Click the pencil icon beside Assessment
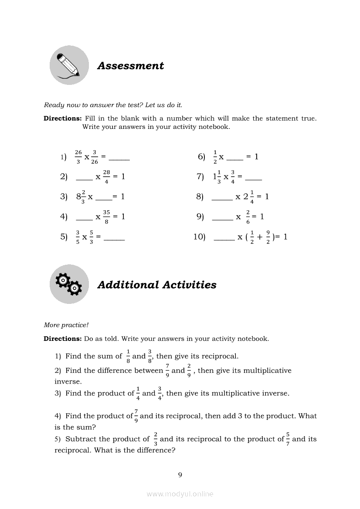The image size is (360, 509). [69, 65]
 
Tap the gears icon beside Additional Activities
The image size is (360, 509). [69, 284]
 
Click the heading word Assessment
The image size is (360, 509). [130, 66]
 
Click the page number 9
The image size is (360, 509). [180, 475]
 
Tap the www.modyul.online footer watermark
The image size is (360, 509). [180, 494]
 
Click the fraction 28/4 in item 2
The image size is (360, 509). [106, 177]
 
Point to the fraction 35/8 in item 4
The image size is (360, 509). [106, 216]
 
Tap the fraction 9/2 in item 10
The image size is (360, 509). [268, 237]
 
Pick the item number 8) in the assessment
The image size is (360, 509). [200, 196]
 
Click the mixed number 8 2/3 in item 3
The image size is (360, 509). [81, 196]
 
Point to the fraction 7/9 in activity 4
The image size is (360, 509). [136, 416]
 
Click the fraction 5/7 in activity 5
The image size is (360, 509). [288, 439]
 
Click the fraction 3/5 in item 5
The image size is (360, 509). [78, 237]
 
